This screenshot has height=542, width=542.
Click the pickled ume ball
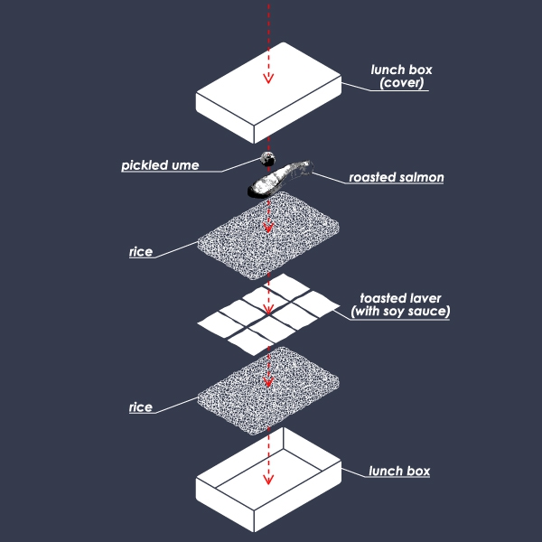268,159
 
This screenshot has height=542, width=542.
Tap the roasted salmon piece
280,179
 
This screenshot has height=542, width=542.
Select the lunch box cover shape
268,93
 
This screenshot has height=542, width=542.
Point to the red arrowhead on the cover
268,79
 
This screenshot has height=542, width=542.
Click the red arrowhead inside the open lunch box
268,479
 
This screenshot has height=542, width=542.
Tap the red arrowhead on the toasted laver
268,309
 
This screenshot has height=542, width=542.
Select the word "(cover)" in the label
401,83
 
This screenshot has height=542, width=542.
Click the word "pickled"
145,165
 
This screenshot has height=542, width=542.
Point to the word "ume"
185,166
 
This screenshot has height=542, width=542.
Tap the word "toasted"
382,298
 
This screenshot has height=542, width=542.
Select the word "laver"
425,298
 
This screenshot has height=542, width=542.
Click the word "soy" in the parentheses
394,312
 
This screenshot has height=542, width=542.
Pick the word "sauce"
429,312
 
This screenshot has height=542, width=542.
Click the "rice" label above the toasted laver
141,252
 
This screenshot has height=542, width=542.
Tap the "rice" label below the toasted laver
141,407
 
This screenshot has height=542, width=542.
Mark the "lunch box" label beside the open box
399,471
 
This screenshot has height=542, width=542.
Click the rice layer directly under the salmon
268,235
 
